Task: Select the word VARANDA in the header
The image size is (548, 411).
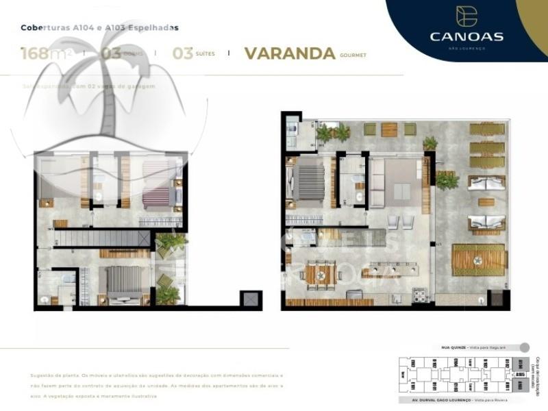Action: pos(290,53)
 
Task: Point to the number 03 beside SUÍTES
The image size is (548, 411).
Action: pos(182,53)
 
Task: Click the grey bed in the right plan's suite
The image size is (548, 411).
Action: pos(309,183)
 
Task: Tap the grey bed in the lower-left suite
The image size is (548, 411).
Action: pos(124,282)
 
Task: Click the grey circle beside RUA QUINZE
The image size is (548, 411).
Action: pos(525,347)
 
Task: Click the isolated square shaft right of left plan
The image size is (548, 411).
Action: pos(250,300)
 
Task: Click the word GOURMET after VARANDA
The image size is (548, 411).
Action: pos(353,55)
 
